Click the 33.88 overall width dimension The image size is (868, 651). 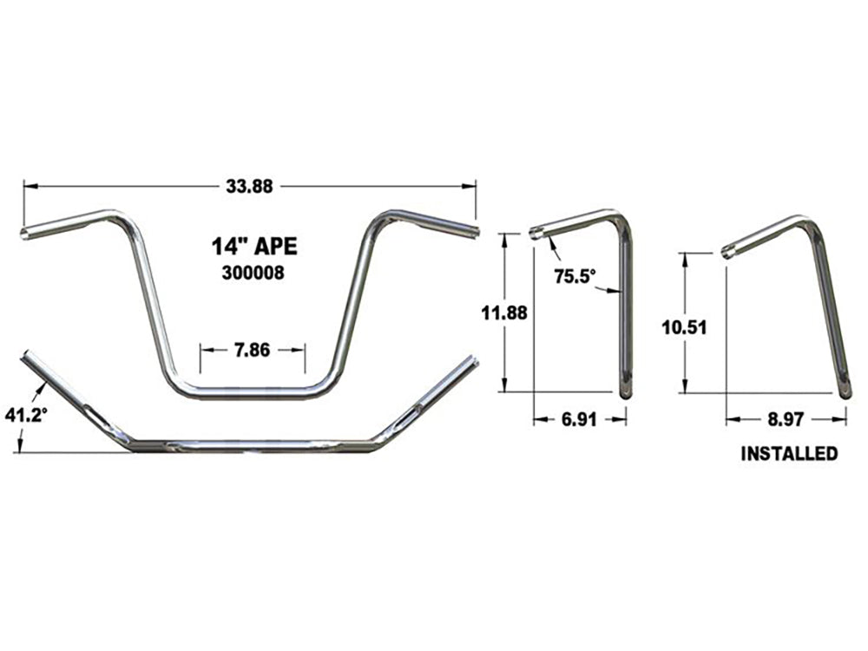[250, 185]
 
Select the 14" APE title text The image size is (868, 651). [253, 246]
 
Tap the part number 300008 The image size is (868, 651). [253, 273]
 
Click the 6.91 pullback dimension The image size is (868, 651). [579, 418]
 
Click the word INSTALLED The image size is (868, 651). [789, 453]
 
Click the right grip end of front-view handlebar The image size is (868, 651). [474, 232]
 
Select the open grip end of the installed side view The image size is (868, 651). [727, 253]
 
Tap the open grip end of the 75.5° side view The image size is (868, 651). [536, 233]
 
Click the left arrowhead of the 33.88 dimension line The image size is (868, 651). [28, 185]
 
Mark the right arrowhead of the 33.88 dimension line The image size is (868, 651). [472, 185]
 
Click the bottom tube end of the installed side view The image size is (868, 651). [844, 391]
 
